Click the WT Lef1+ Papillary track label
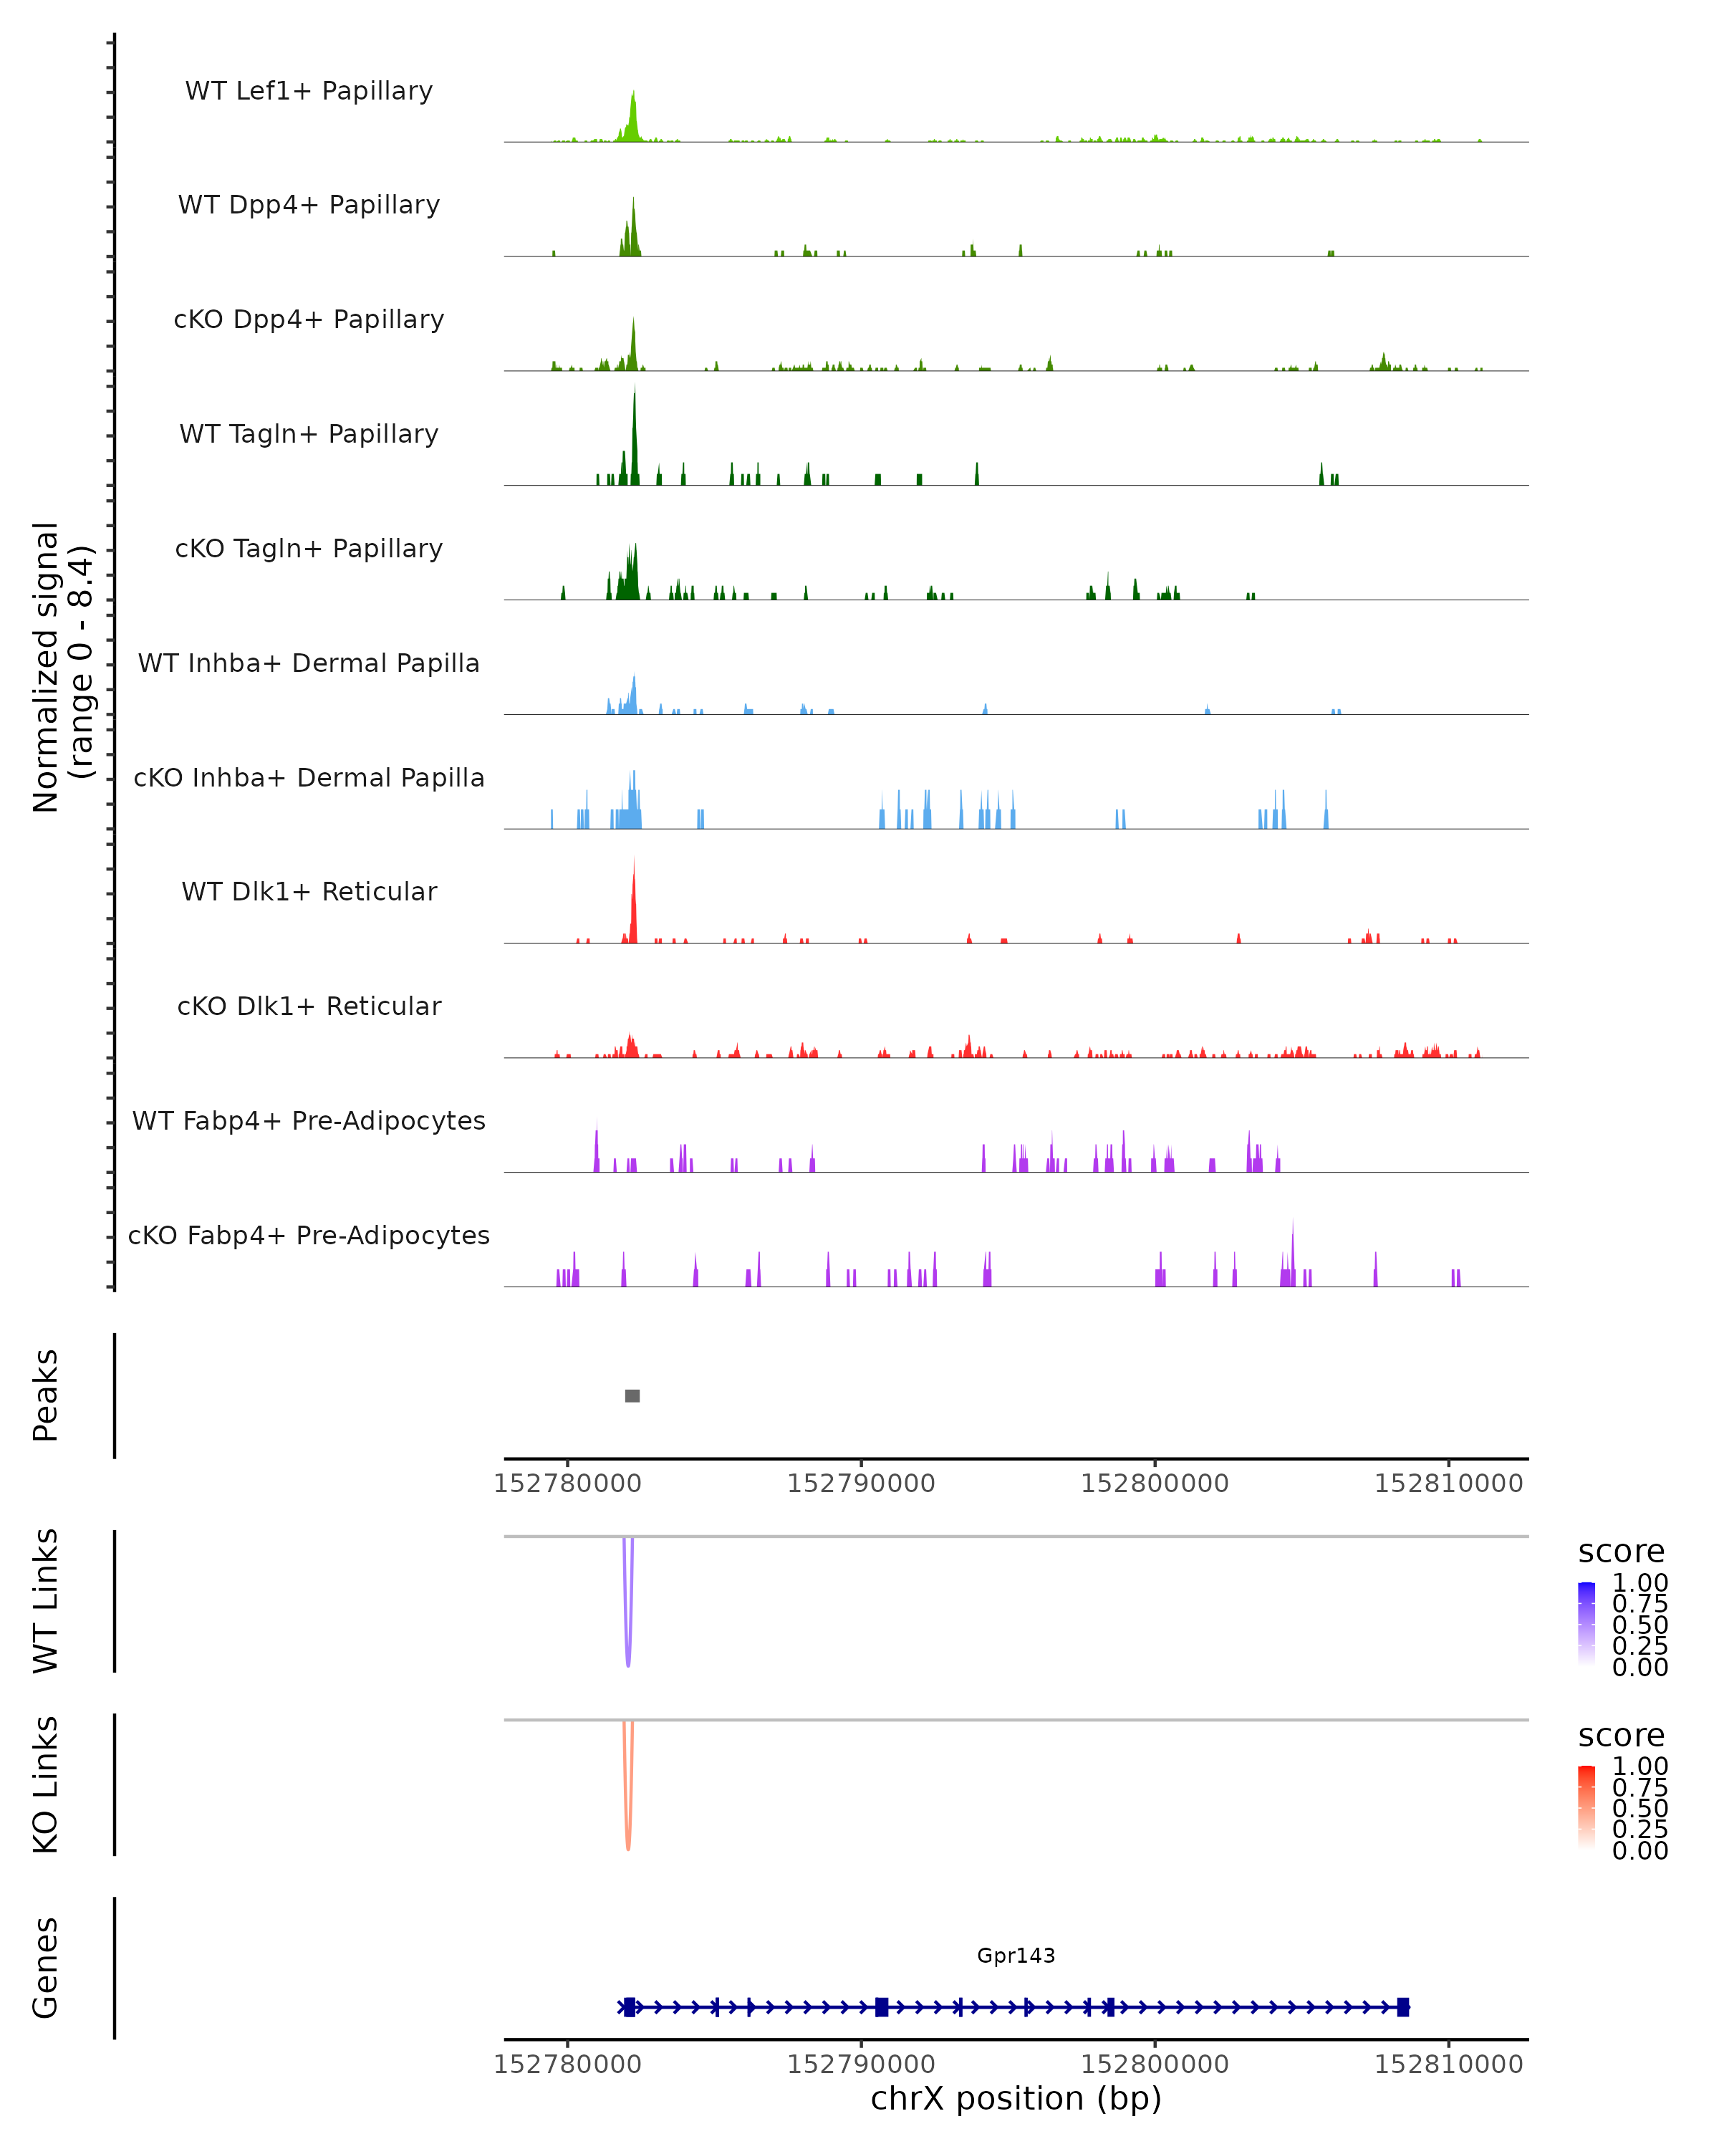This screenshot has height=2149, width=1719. [x=309, y=91]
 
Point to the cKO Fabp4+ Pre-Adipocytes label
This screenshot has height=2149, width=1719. [x=309, y=1235]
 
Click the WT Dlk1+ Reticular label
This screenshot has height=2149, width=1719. [x=309, y=891]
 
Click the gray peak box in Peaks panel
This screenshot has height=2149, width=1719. [x=632, y=1395]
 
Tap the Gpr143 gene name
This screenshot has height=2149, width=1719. [x=1016, y=1955]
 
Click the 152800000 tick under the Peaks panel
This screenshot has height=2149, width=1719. [x=1155, y=1484]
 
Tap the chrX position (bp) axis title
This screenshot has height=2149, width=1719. [x=1016, y=2098]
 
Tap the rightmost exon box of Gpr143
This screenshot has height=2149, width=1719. [x=1403, y=2006]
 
